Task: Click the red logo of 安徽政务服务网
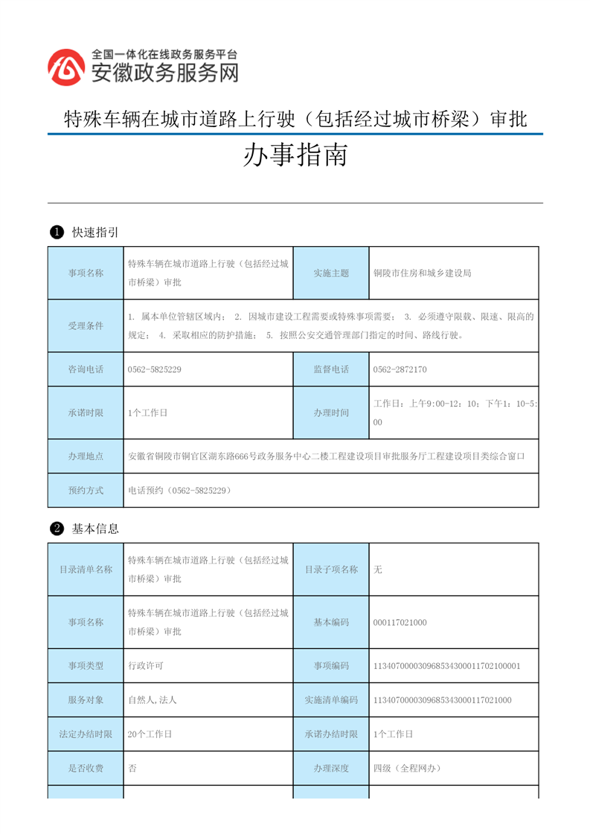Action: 66,67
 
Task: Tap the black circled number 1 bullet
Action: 55,233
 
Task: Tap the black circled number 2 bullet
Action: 55,529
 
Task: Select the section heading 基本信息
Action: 95,529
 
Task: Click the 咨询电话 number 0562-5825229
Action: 155,369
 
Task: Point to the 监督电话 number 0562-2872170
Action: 400,369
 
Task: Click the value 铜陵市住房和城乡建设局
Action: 422,273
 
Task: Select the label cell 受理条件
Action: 86,326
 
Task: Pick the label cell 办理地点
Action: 86,456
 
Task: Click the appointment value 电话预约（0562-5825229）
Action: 179,491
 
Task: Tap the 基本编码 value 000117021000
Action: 400,622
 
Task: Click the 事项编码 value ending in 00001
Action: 446,666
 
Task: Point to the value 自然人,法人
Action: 152,700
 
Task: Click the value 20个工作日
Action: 150,734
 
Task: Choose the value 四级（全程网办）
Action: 407,769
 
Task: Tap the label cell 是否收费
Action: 86,769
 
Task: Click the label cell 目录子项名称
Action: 331,569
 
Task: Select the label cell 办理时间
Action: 331,413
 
